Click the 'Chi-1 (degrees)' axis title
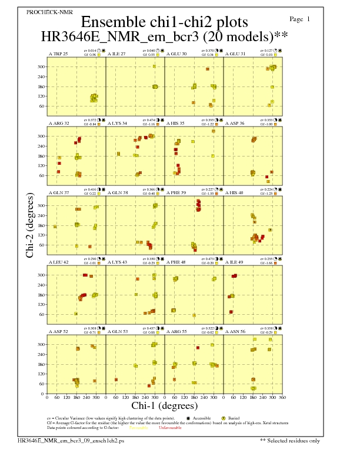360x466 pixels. click(x=165, y=406)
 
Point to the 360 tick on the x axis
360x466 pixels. click(x=283, y=397)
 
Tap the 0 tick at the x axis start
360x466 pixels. click(x=47, y=397)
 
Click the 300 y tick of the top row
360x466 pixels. click(x=41, y=66)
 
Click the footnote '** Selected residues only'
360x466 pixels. click(x=290, y=440)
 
